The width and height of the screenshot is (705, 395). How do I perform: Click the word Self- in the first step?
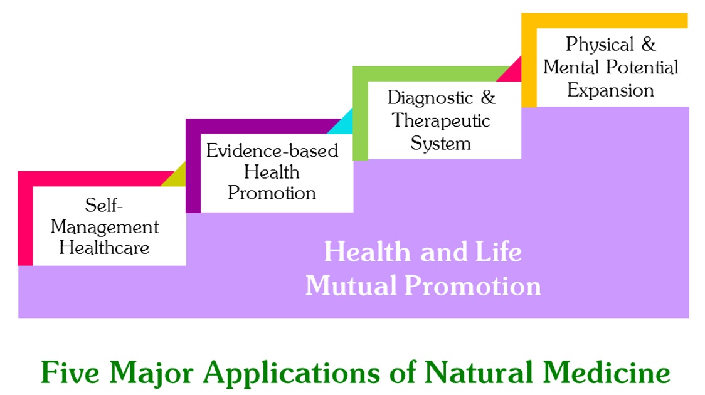pos(104,205)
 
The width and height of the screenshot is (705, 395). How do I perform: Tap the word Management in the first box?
pos(104,227)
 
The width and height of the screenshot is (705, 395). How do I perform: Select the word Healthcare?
pos(104,248)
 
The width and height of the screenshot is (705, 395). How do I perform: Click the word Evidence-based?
pos(272,150)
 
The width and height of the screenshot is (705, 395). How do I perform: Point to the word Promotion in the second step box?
pos(272,192)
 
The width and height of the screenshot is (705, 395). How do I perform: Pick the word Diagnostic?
pos(430,98)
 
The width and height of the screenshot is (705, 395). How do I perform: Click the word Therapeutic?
pos(440,120)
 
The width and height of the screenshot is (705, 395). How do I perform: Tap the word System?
pos(440,144)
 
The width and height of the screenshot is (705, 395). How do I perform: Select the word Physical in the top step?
pos(600,45)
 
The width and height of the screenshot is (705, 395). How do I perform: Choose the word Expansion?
pos(610,91)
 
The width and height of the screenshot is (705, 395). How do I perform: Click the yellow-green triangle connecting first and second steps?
pos(176,177)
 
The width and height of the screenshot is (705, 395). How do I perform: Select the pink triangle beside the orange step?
pos(512,72)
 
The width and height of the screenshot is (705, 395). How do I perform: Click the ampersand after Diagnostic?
pos(488,97)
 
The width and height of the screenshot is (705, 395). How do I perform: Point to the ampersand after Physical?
pos(649,44)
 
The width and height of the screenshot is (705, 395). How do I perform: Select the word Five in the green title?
pos(70,372)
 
